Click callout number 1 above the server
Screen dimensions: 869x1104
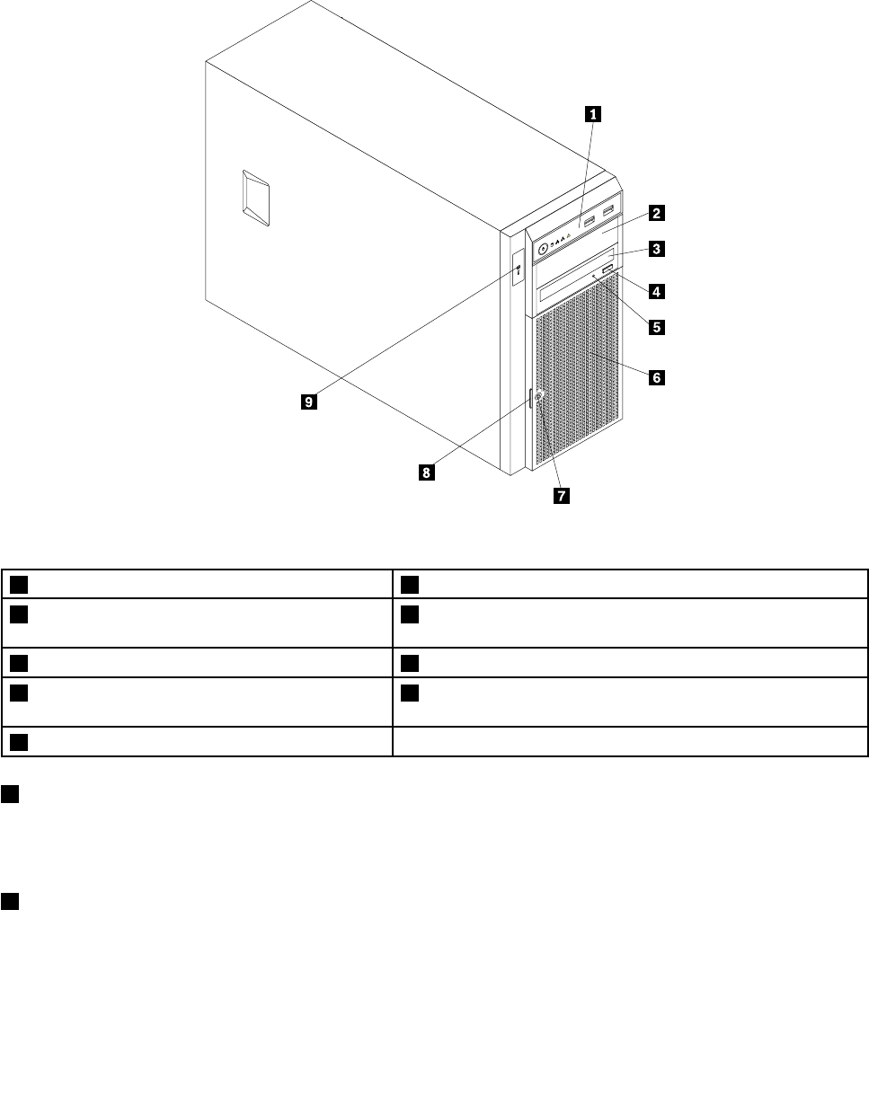coord(593,114)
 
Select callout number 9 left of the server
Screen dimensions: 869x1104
coord(309,403)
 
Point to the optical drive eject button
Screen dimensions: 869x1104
coord(609,270)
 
